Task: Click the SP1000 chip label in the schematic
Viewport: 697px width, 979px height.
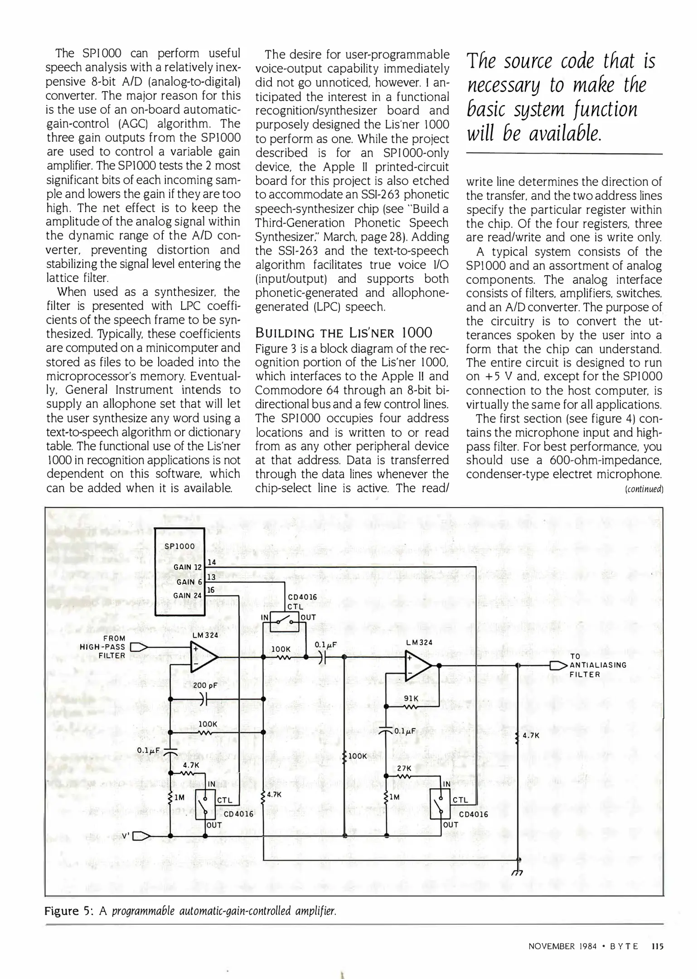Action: pos(180,546)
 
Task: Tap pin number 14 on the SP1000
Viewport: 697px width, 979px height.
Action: pos(212,562)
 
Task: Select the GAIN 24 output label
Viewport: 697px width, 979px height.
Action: pos(189,596)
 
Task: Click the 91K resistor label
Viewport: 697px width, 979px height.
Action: pos(411,699)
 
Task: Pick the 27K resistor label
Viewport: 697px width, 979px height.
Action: pos(404,769)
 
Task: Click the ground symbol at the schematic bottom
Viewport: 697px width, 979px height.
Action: pos(517,873)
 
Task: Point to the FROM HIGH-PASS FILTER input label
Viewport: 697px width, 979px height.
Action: pos(102,647)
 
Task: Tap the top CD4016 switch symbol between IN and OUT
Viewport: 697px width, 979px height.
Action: pos(285,621)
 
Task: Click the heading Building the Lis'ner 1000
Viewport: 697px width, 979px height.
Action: pos(344,333)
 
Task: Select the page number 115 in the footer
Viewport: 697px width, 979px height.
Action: pos(657,946)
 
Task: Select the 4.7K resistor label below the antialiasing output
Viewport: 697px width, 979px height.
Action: pos(531,736)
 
